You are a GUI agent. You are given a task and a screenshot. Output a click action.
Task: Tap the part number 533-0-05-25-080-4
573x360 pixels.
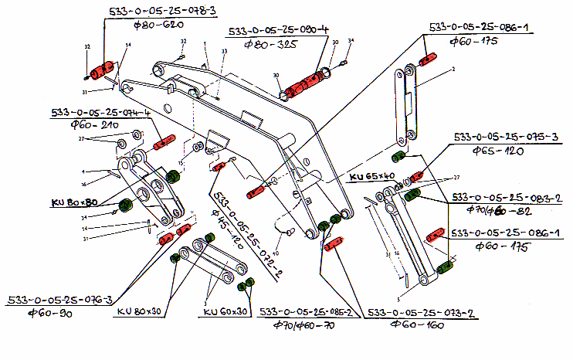[278, 32]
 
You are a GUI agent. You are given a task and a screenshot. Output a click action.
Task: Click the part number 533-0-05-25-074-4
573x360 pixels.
[100, 111]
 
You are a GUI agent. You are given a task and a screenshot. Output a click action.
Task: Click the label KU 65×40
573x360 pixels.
[371, 177]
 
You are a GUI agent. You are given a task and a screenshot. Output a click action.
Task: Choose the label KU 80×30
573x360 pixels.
[142, 312]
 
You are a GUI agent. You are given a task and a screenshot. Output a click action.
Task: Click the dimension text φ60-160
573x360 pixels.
[416, 325]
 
